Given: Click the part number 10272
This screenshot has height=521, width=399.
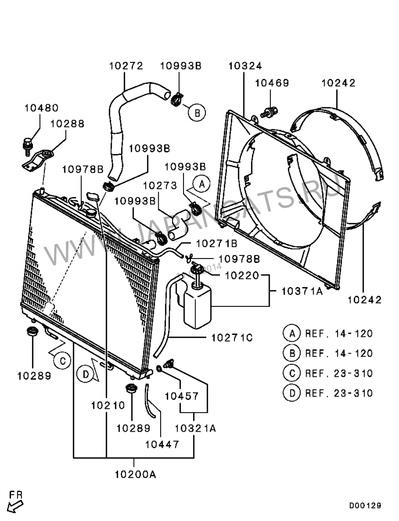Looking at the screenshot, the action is pyautogui.click(x=126, y=66).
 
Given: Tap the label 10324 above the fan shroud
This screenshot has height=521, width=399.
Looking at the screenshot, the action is pyautogui.click(x=245, y=66).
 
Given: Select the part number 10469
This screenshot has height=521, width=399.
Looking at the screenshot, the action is pyautogui.click(x=272, y=83).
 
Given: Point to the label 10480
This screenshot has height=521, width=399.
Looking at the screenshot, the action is pyautogui.click(x=41, y=108).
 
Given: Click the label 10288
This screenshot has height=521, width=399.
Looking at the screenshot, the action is pyautogui.click(x=67, y=124).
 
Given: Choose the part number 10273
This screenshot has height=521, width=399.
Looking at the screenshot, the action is pyautogui.click(x=160, y=186).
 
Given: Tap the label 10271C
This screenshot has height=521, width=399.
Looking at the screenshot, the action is pyautogui.click(x=232, y=338).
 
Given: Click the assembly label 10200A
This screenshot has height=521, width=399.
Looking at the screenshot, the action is pyautogui.click(x=135, y=475).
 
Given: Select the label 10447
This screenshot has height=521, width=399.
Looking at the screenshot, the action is pyautogui.click(x=162, y=444).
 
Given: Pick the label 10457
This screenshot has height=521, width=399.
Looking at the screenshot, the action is pyautogui.click(x=182, y=396).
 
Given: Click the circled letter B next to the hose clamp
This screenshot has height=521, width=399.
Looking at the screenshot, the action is pyautogui.click(x=197, y=113).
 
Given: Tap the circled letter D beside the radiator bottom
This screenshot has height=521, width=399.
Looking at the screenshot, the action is pyautogui.click(x=86, y=375).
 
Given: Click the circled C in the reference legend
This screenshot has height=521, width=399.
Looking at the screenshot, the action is pyautogui.click(x=292, y=373).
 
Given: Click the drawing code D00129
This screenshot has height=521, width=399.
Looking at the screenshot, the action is pyautogui.click(x=365, y=506).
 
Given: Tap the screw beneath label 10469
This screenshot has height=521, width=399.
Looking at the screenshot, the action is pyautogui.click(x=269, y=112).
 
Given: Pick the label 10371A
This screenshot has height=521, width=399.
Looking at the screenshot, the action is pyautogui.click(x=302, y=291).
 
